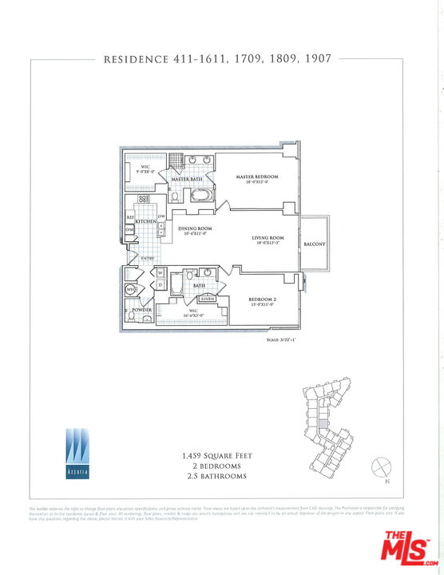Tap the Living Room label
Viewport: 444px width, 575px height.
pyautogui.click(x=268, y=238)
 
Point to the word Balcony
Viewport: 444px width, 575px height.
pyautogui.click(x=314, y=244)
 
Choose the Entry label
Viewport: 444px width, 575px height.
pyautogui.click(x=148, y=258)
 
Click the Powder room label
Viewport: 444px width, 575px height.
pyautogui.click(x=142, y=309)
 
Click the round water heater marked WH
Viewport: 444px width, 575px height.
pyautogui.click(x=130, y=290)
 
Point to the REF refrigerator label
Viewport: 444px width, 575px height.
pyautogui.click(x=130, y=217)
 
